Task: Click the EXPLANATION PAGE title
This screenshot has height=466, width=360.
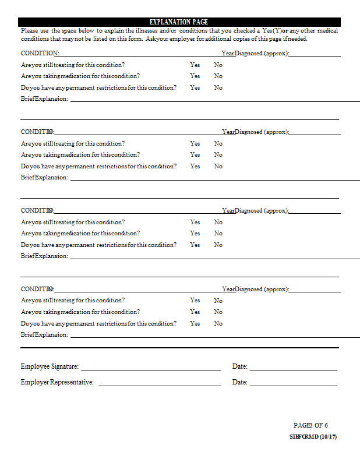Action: point(179,22)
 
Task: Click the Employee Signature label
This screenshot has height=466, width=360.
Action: point(50,366)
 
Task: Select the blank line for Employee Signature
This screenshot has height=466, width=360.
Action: point(150,369)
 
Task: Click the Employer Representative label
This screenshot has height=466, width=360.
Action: point(57,382)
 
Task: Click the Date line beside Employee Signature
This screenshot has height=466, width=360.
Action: point(293,369)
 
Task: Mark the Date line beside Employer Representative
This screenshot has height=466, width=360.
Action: point(293,385)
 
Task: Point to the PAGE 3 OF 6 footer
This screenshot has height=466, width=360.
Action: point(310,425)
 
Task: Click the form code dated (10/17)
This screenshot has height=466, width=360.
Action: point(313,437)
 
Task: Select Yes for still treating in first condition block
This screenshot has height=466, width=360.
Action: point(195,65)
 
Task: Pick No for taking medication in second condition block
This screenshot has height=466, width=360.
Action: point(218,155)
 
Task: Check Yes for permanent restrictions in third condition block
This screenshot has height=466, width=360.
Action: point(195,245)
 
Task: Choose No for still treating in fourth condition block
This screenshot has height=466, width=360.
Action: point(218,301)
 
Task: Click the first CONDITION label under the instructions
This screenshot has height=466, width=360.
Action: point(40,54)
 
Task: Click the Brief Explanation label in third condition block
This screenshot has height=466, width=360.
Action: point(44,256)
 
